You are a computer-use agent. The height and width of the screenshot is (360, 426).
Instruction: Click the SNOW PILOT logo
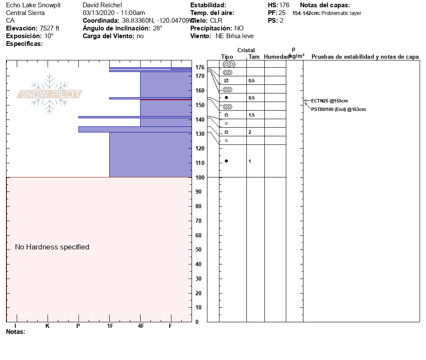[x=50, y=94]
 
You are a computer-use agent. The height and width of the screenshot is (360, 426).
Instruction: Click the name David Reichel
[x=102, y=5]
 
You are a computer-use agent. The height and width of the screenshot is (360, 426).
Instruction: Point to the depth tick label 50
[x=199, y=250]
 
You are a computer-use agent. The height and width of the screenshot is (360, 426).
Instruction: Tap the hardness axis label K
[x=47, y=326]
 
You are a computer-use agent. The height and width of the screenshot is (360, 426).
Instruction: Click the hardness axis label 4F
[x=141, y=326]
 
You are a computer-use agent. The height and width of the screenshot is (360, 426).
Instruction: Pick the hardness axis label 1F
[x=110, y=326]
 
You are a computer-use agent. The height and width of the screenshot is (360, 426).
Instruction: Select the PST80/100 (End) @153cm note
[x=338, y=109]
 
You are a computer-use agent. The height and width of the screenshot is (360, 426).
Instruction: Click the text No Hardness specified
[x=52, y=247]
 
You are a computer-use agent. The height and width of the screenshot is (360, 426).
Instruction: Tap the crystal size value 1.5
[x=252, y=115]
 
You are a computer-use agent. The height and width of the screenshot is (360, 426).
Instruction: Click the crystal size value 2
[x=250, y=132]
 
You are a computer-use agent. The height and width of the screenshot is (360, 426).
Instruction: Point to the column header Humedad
[x=276, y=57]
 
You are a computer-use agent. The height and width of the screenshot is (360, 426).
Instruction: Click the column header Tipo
[x=227, y=57]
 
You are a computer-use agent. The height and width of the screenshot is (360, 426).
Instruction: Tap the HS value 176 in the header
[x=284, y=5]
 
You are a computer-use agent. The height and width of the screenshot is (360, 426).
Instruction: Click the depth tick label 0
[x=197, y=322]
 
